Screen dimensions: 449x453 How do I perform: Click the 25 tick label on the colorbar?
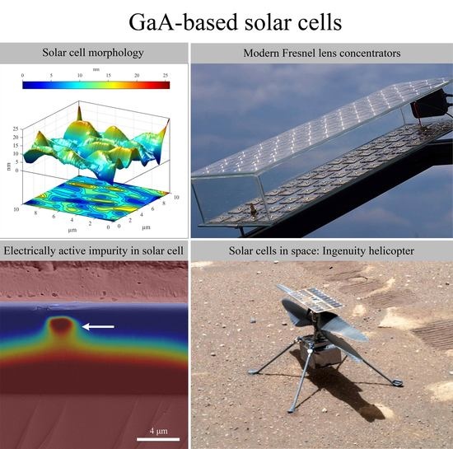166,76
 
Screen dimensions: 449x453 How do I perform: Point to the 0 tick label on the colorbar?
23,76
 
